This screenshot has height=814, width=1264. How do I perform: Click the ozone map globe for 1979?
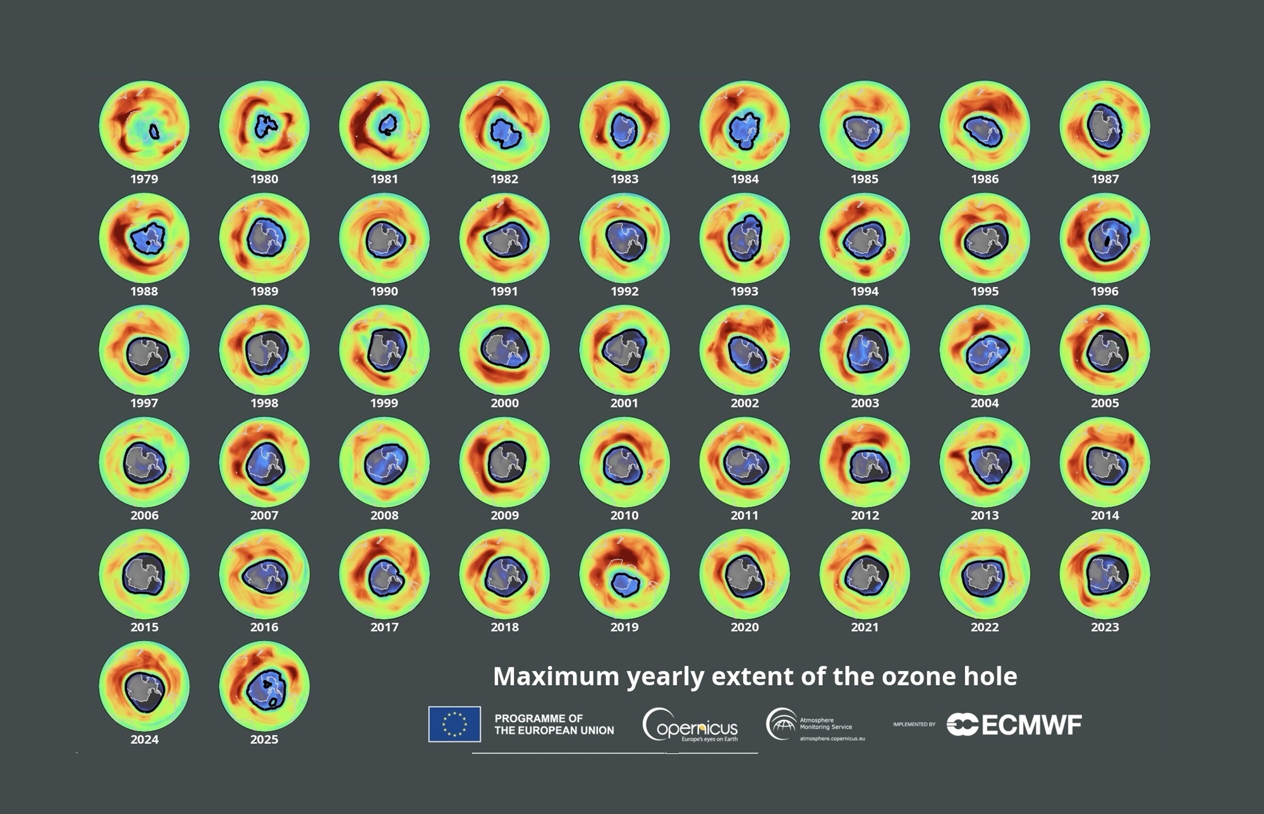click(144, 126)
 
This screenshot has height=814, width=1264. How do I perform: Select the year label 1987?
click(1105, 179)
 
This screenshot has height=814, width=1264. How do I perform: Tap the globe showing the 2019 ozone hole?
click(624, 574)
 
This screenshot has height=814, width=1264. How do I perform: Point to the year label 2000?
click(504, 403)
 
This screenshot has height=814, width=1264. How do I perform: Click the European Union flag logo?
click(454, 724)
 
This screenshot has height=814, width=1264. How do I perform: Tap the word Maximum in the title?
click(556, 677)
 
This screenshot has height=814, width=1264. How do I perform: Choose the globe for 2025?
click(264, 686)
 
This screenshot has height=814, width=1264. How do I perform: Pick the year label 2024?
click(144, 739)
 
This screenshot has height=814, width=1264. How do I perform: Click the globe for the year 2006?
click(144, 462)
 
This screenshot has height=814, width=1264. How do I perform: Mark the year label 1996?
click(1105, 291)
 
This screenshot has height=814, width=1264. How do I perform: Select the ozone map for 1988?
click(144, 238)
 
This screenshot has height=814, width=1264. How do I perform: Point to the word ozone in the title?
click(918, 677)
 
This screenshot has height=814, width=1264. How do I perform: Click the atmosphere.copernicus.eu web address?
click(832, 738)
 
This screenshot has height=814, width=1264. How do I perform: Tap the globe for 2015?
click(144, 574)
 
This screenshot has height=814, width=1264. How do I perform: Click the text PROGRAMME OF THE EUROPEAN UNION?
click(554, 724)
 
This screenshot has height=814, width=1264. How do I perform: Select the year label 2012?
click(865, 516)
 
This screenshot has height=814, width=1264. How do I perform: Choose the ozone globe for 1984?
click(744, 126)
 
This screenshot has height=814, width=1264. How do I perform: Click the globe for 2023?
click(1105, 574)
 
